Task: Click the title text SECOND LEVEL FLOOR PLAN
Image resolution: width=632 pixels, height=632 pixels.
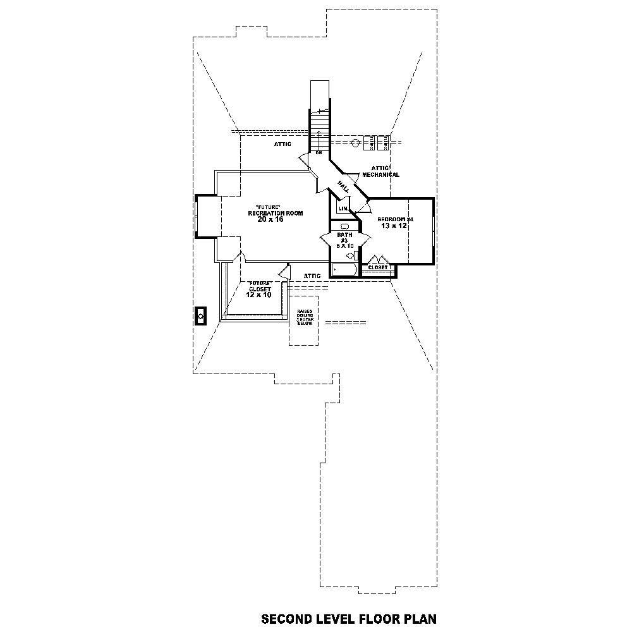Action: click(x=348, y=617)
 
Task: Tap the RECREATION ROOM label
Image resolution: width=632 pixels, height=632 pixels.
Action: click(x=275, y=213)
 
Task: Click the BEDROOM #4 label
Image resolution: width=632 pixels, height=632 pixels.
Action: click(x=395, y=219)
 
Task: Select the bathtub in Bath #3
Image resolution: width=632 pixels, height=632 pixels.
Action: click(x=344, y=270)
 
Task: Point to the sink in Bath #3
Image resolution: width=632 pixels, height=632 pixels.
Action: click(x=344, y=226)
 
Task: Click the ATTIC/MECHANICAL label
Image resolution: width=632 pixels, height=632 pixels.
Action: click(x=380, y=172)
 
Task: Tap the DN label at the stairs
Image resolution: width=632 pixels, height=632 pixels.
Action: click(x=319, y=152)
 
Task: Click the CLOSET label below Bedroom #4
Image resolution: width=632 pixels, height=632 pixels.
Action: click(x=377, y=267)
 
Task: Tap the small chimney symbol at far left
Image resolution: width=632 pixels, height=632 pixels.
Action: click(x=201, y=315)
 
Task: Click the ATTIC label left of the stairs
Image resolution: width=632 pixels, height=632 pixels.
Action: click(x=283, y=144)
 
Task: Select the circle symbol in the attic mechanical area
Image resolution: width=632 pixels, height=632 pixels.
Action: click(x=356, y=143)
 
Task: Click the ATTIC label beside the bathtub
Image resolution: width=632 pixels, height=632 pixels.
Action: click(x=312, y=276)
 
